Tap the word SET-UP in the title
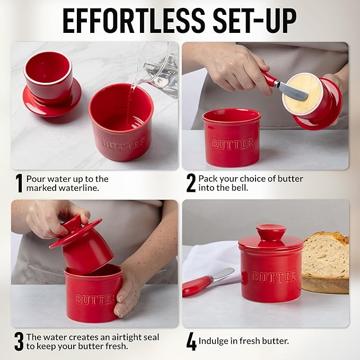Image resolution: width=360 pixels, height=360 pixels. tap(255, 21)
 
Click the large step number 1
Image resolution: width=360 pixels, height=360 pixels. tap(19, 183)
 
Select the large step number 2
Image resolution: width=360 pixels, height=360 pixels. tap(191, 183)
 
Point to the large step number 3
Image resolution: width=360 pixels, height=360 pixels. tap(19, 341)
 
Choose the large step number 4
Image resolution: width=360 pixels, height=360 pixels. tap(191, 342)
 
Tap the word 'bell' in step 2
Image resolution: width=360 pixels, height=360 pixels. tap(240, 188)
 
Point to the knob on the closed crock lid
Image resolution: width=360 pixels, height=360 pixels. tap(271, 233)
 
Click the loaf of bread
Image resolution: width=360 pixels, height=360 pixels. tap(326, 262)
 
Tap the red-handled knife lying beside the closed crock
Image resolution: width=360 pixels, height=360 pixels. tap(208, 282)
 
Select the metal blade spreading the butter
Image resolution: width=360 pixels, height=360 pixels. tap(293, 91)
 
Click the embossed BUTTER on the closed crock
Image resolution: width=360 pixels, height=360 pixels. tap(274, 277)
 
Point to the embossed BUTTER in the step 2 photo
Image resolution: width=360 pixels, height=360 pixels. tap(232, 144)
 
